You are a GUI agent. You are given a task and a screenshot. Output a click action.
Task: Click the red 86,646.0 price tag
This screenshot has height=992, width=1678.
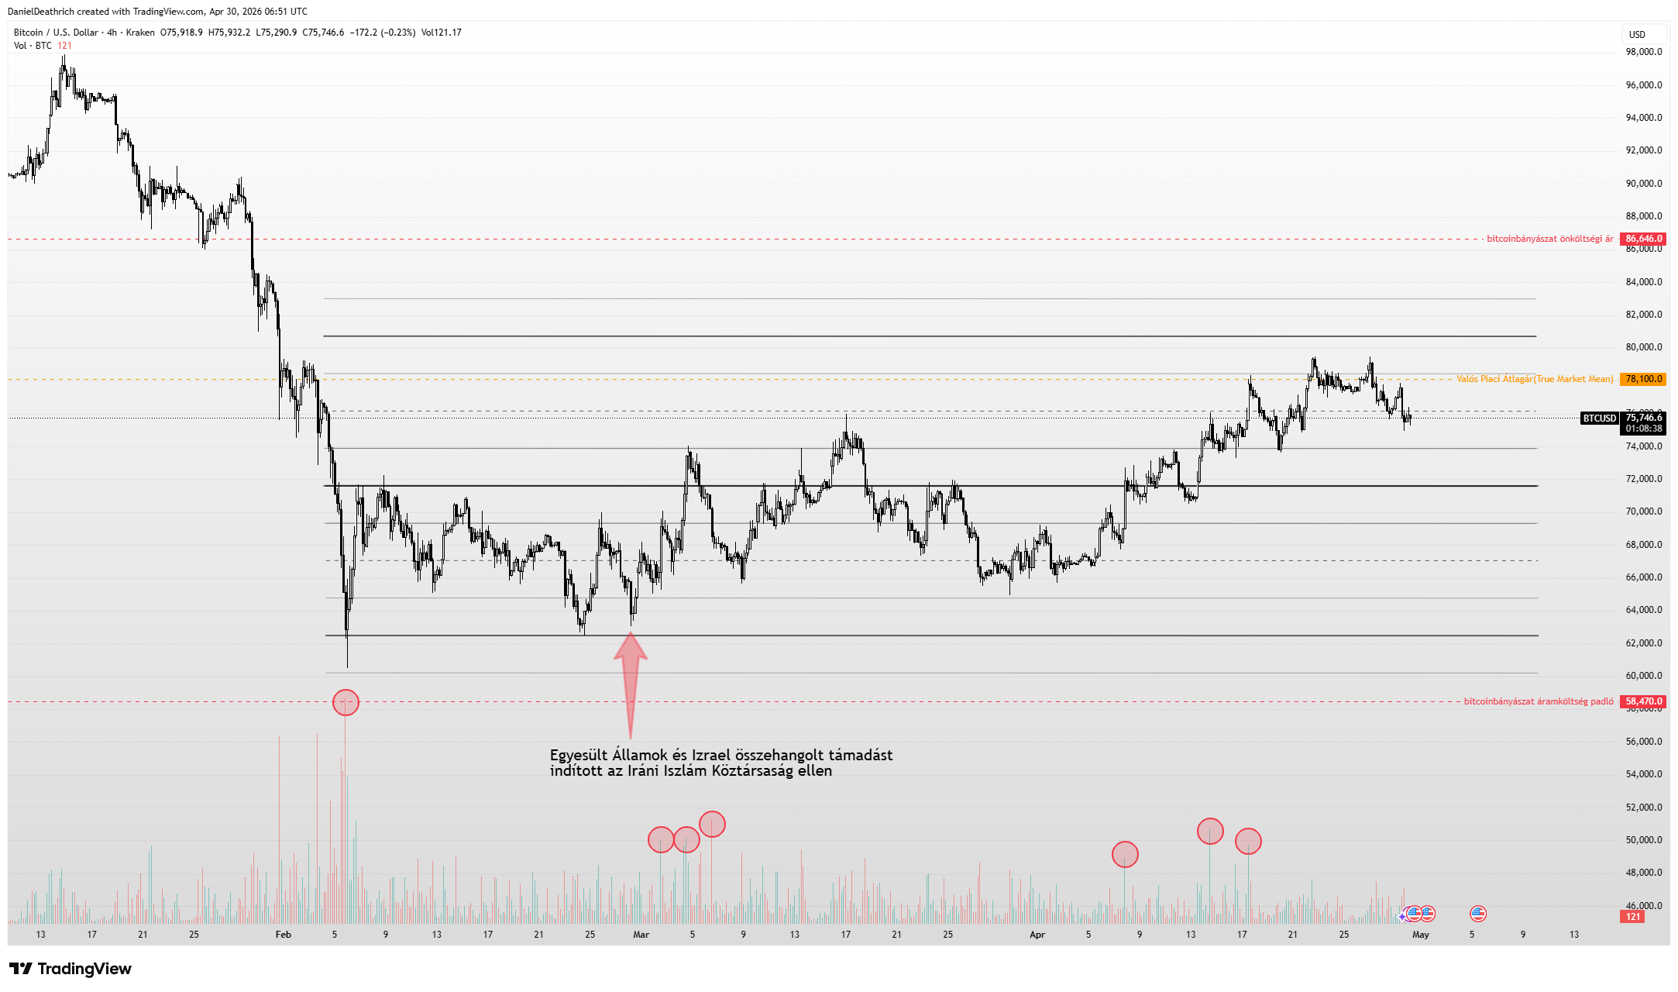tap(1642, 239)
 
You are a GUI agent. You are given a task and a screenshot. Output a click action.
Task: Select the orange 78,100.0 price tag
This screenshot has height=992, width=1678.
tap(1642, 379)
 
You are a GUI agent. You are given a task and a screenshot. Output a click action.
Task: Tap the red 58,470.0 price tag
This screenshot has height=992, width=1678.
tap(1642, 701)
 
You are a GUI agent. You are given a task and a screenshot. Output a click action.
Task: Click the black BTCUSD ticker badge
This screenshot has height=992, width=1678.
tap(1599, 418)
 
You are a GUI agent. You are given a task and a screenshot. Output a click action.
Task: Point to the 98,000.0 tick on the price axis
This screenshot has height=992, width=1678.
tap(1643, 52)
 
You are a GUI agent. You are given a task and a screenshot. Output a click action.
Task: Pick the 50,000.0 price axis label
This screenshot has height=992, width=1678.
tap(1643, 840)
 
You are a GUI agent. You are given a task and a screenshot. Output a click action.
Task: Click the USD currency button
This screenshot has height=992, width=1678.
tap(1637, 34)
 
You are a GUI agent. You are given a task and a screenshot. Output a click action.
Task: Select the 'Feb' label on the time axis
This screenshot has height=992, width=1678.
tap(284, 935)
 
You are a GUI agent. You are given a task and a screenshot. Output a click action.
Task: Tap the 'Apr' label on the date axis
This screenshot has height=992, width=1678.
tap(1037, 935)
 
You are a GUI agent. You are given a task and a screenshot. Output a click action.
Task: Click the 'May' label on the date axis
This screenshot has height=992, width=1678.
tap(1420, 935)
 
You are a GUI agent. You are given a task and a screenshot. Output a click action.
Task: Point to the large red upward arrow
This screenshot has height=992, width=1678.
tap(631, 682)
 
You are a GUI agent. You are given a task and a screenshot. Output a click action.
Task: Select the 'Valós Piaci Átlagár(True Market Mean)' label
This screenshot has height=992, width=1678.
tap(1535, 379)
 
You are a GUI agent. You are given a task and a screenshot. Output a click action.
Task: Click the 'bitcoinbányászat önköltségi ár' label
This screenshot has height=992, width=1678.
tap(1549, 239)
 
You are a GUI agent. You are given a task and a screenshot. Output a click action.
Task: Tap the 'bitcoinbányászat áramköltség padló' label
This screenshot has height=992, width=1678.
tap(1539, 701)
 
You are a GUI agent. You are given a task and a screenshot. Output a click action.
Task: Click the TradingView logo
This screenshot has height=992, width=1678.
tap(70, 969)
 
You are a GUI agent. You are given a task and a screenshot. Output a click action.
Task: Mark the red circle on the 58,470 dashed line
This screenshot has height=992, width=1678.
tap(346, 702)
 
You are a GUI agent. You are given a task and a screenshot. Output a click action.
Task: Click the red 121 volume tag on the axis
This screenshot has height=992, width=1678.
tap(1633, 917)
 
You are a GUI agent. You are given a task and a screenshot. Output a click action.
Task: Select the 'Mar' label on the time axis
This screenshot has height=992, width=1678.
tap(641, 935)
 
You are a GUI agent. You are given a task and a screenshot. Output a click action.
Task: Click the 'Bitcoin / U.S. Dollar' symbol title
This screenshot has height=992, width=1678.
tap(56, 33)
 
